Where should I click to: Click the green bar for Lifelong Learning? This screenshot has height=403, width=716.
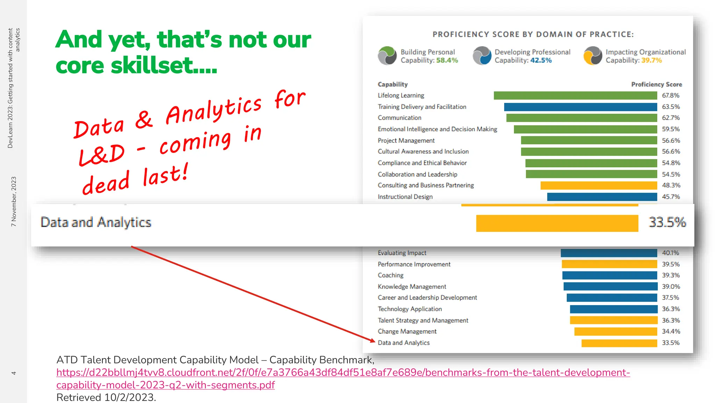click(575, 96)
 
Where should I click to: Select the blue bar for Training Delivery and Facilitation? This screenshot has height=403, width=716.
click(580, 107)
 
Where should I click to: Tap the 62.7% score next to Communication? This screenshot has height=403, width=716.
click(671, 118)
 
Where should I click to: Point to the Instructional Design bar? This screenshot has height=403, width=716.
click(602, 197)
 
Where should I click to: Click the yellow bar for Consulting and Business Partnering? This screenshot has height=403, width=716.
click(599, 185)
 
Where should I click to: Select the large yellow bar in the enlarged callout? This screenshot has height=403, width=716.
click(557, 223)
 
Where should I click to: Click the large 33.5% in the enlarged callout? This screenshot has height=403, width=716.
click(667, 222)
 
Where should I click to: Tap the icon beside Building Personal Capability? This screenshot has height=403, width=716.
click(387, 56)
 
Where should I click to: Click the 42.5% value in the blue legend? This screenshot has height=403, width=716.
click(541, 61)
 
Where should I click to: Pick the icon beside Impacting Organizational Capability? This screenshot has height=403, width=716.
click(593, 56)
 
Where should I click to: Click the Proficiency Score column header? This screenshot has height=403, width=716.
click(656, 84)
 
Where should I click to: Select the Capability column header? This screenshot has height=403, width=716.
click(393, 84)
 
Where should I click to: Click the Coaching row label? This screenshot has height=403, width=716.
click(391, 275)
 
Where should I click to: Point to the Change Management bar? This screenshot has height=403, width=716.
click(615, 331)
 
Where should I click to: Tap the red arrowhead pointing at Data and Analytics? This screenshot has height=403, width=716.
click(373, 340)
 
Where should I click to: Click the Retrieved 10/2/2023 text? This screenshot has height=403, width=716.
click(106, 397)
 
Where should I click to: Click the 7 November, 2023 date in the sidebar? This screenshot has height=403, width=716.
click(14, 201)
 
